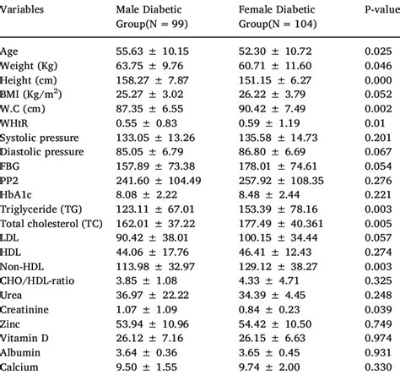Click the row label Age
point(12,52)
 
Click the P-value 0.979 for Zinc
point(377,320)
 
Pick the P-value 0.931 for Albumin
point(377,351)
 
